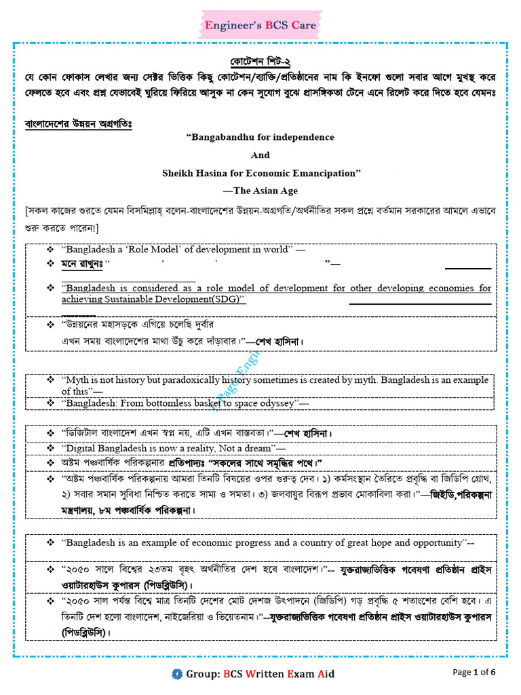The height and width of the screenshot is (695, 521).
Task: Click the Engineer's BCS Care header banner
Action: (x=260, y=26)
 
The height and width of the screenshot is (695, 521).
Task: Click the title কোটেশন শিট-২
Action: (x=260, y=59)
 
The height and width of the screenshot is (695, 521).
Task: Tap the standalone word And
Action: (x=260, y=155)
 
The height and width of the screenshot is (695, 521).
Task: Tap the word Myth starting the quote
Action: (x=77, y=380)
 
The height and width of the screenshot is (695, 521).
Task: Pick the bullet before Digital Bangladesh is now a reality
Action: (x=50, y=448)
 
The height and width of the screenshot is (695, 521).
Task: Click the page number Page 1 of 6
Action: (x=474, y=672)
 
